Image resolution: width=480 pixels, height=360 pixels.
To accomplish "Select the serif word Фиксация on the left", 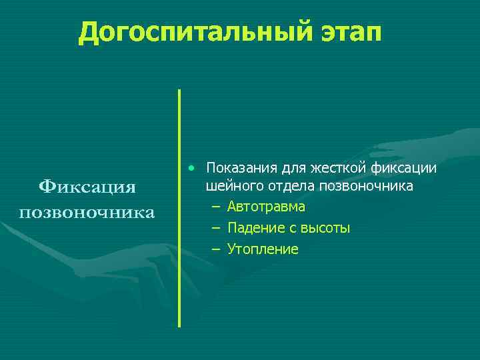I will [x=87, y=187].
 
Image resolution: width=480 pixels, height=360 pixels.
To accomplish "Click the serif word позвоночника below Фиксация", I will [x=87, y=213].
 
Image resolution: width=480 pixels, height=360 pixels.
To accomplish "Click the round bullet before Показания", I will [x=191, y=165].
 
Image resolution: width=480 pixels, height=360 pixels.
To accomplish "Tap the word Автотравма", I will [x=266, y=207].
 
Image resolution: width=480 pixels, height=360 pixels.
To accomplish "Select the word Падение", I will [x=253, y=229].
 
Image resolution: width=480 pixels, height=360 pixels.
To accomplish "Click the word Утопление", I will [x=263, y=250].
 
